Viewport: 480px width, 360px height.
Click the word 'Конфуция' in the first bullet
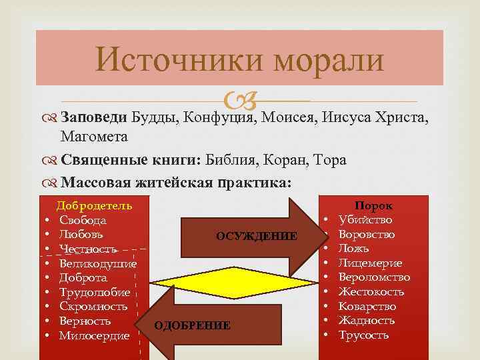(218, 118)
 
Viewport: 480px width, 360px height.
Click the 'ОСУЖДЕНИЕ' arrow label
(257, 236)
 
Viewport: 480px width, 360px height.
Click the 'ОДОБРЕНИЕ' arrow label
(193, 325)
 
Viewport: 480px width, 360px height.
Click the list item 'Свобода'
(83, 220)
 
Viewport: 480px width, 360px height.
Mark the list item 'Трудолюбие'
(95, 293)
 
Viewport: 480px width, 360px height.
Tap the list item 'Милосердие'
(94, 336)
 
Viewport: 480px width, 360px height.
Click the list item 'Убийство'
(365, 220)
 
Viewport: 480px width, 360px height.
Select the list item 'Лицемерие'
(370, 263)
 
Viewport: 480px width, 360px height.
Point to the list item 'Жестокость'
(371, 292)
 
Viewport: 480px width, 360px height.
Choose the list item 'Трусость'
(363, 335)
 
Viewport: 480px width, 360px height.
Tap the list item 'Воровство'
(367, 235)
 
